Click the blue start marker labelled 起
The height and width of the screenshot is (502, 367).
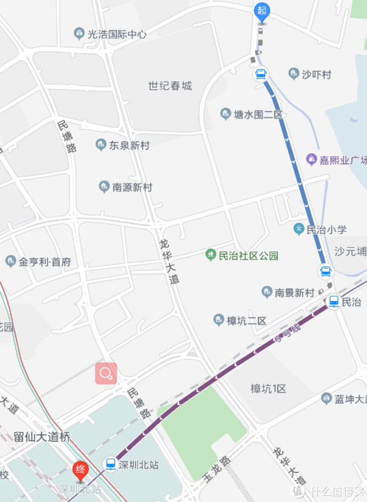pos(262,10)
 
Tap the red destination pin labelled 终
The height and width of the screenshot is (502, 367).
pos(80,470)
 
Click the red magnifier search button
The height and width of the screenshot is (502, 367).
pos(106,373)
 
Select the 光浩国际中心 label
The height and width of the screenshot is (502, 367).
pos(116,34)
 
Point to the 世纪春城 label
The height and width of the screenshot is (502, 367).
pos(170,86)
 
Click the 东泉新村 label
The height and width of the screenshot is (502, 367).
pos(129,146)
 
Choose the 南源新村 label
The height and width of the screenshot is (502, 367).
pos(132,187)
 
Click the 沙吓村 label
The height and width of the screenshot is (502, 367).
pos(316,75)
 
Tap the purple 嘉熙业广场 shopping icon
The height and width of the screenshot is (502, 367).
pos(312,160)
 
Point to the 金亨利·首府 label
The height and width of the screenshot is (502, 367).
pos(45,262)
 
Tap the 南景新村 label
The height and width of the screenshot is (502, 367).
pos(294,292)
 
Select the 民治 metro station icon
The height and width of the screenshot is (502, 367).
pos(334,301)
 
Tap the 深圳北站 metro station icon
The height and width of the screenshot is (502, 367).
pos(110,464)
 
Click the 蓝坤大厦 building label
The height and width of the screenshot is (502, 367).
pos(349,399)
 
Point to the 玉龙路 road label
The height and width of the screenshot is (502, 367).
pos(217,470)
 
